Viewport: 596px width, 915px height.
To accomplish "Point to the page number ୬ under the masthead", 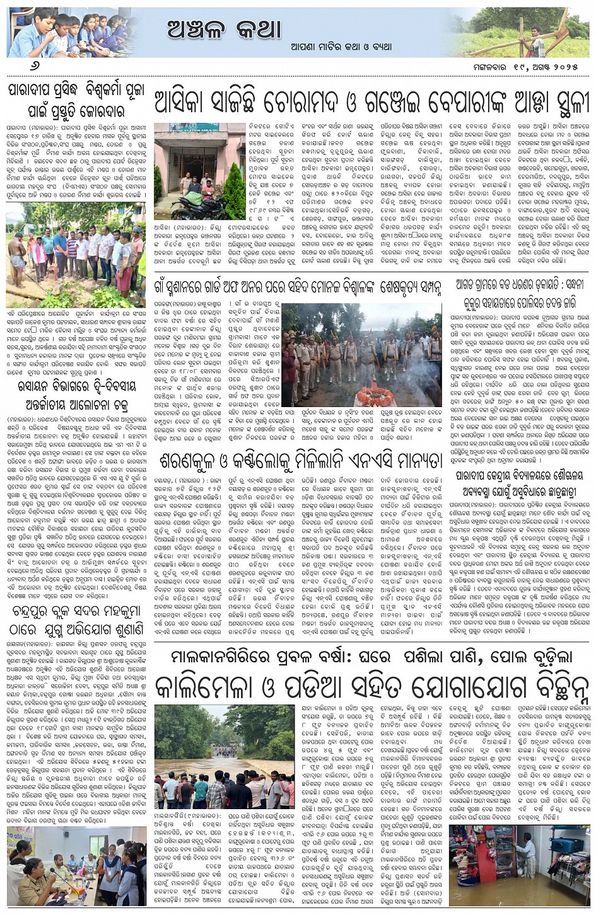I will coord(14,67).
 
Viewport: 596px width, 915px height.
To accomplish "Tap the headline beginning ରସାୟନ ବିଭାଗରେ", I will coord(76,395).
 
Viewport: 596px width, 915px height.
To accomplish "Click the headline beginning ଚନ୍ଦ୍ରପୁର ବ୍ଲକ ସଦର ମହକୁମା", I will coord(76,621).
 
